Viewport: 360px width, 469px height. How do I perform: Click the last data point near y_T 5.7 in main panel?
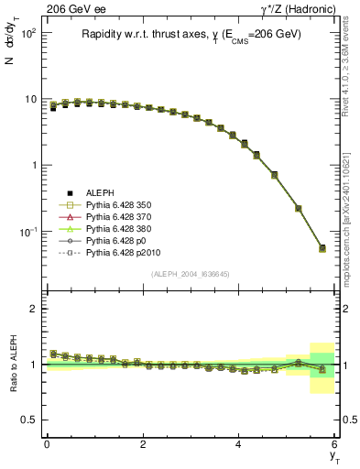pyautogui.click(x=322, y=248)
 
